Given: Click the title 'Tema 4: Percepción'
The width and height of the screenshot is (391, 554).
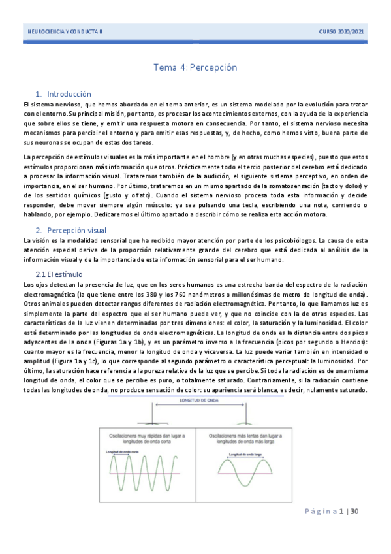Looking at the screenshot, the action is click(x=195, y=67).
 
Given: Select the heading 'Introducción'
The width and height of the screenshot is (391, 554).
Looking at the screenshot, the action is click(x=70, y=94).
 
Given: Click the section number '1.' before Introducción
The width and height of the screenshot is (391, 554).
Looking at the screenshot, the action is click(x=39, y=94).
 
